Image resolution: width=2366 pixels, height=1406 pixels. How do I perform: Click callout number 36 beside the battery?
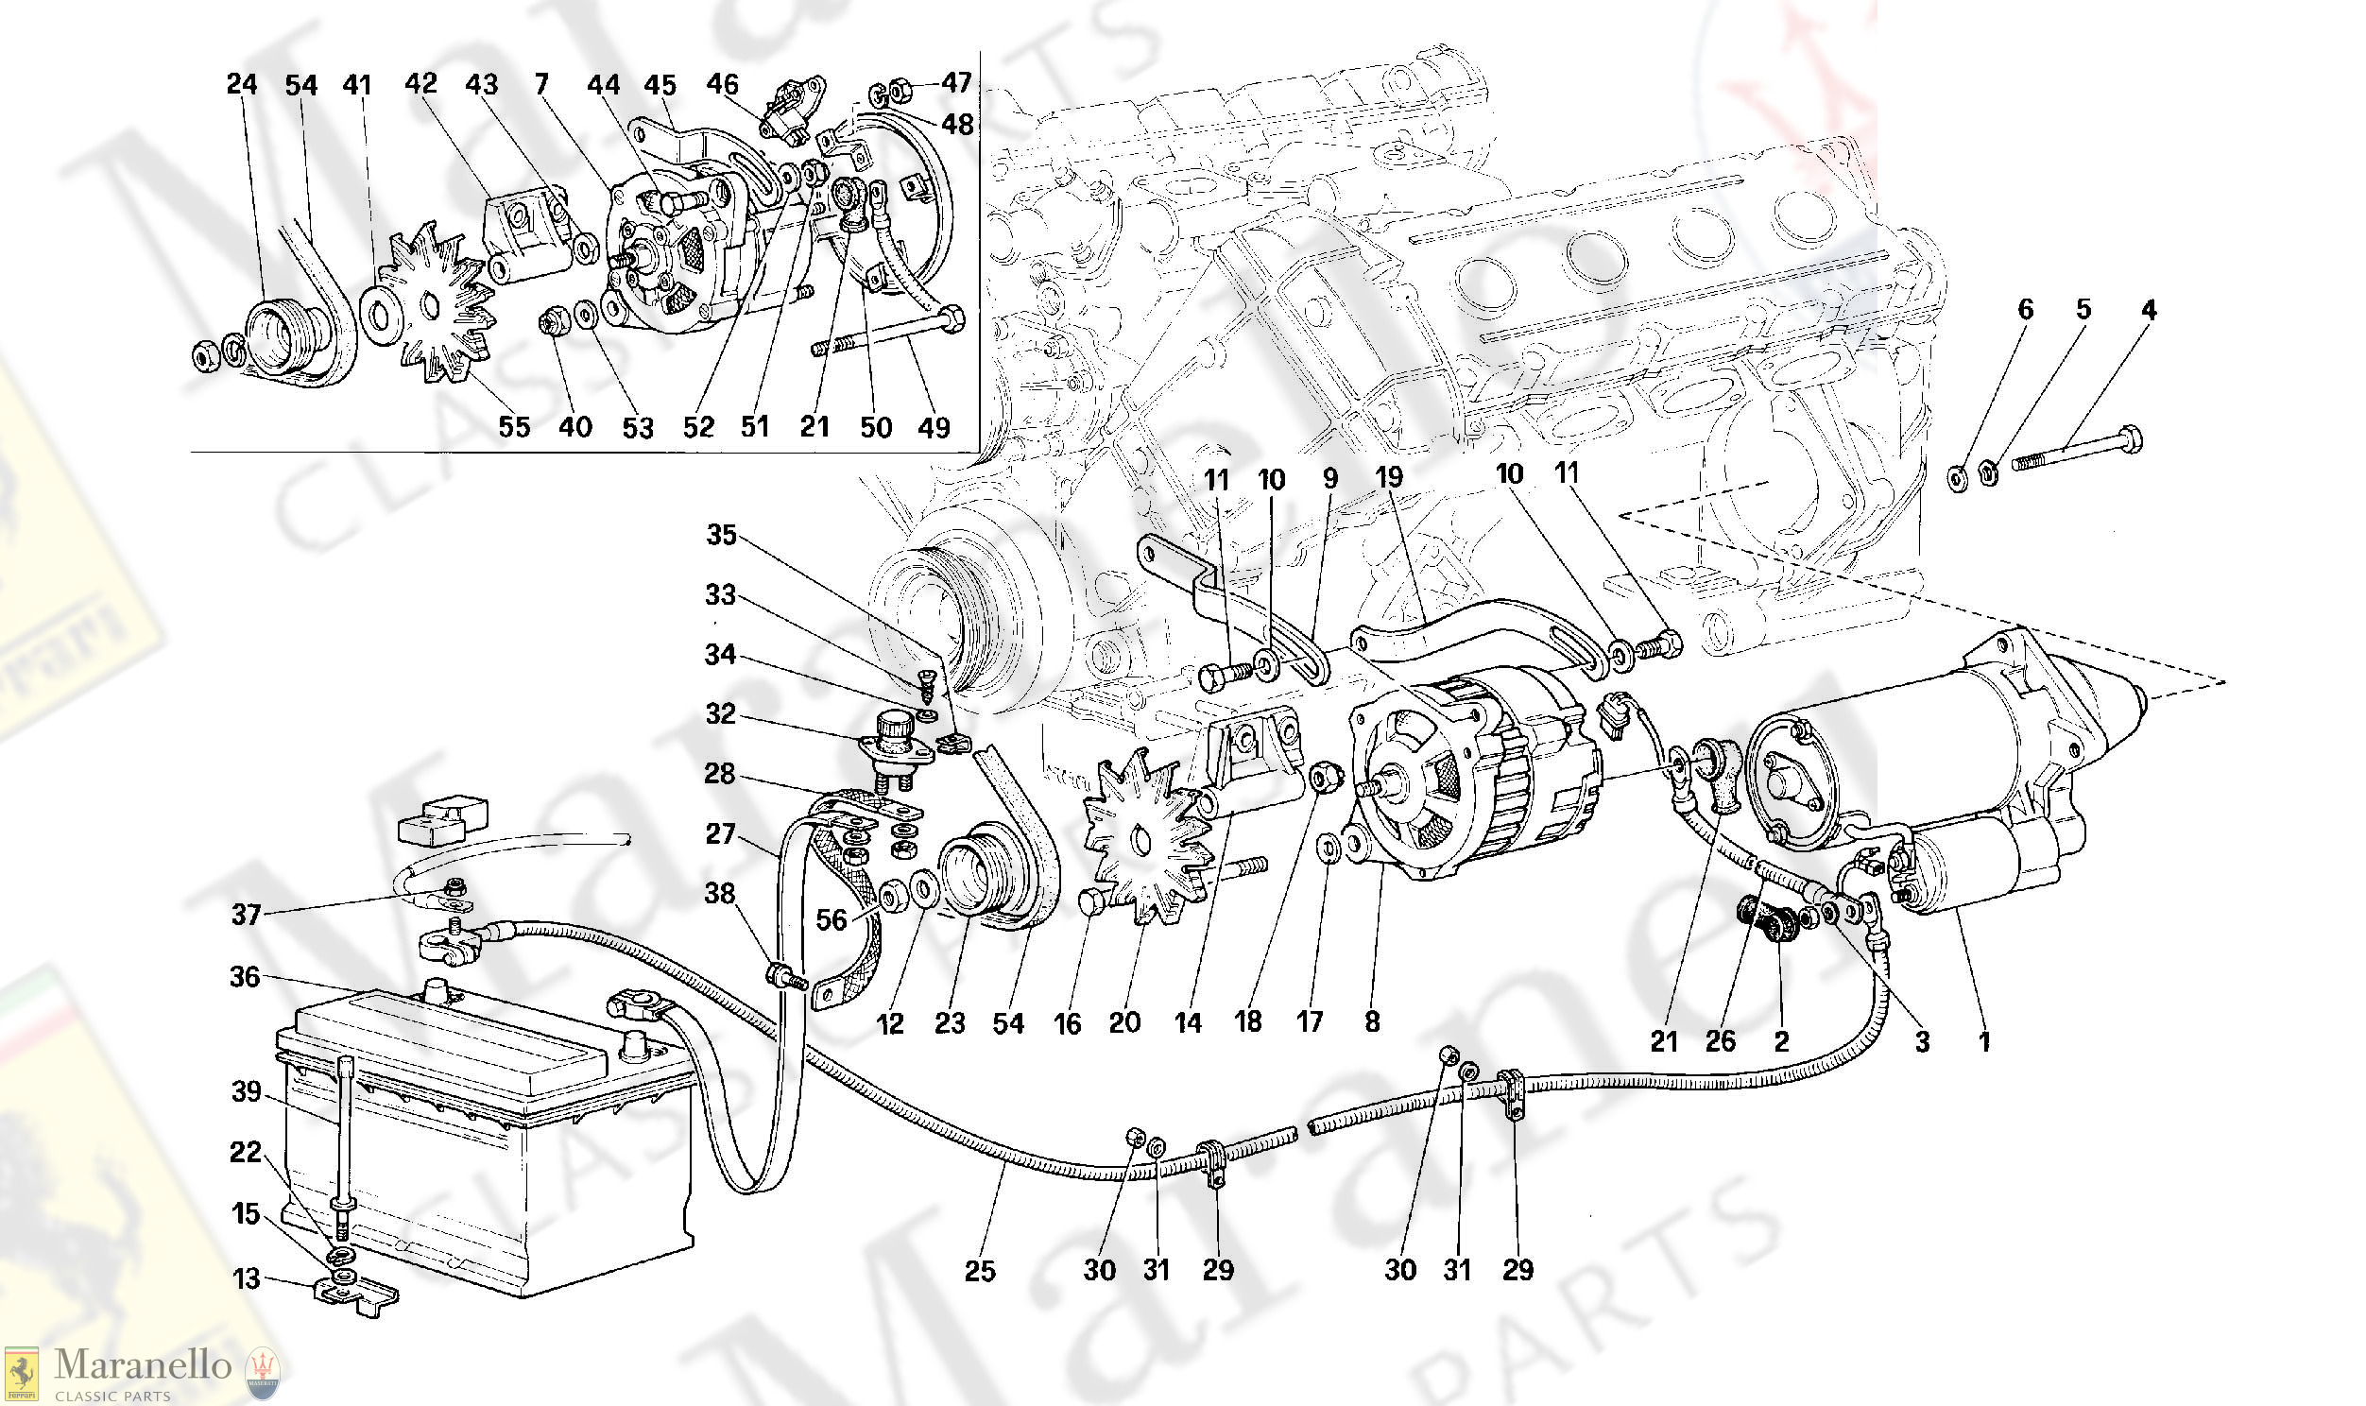coord(245,977)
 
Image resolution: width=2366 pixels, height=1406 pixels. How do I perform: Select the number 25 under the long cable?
coord(979,1271)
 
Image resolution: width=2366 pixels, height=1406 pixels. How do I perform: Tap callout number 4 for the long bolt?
coord(2149,310)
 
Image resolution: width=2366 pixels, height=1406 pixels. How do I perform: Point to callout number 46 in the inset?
coord(722,84)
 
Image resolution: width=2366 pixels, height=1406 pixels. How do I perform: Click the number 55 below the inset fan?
coord(514,427)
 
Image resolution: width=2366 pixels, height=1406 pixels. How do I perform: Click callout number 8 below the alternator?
coord(1371,1021)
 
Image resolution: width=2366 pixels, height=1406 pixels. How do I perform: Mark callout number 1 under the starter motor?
coord(1984,1042)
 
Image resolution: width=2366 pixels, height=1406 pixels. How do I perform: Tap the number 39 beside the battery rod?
coord(247,1091)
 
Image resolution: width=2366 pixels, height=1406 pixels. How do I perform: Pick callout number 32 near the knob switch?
coord(721,713)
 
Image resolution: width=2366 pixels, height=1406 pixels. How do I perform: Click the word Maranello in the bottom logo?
coord(143,1365)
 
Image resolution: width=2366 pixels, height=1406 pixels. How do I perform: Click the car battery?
coord(483,1137)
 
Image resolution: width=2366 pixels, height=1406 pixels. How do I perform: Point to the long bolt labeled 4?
coord(2074,452)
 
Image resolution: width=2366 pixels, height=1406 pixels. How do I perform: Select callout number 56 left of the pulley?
coord(832,920)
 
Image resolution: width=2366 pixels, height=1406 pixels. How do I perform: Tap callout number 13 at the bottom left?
coord(247,1279)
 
